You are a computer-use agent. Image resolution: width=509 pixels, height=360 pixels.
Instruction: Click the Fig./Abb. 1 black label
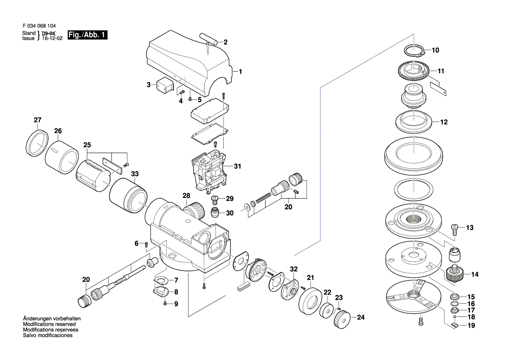[88, 35]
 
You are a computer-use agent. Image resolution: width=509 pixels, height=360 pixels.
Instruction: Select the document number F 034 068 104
[39, 26]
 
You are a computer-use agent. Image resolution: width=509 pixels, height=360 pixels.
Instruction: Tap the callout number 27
[37, 120]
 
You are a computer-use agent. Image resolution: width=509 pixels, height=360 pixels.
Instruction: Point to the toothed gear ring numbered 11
[413, 72]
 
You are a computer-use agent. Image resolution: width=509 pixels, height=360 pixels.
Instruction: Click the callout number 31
[237, 166]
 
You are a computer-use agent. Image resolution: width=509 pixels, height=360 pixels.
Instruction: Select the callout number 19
[471, 326]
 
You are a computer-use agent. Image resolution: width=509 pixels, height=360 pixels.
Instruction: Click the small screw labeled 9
[165, 303]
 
